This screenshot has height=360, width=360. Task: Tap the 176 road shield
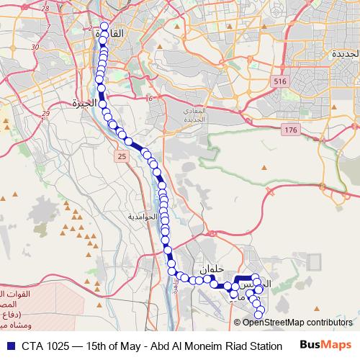pyautogui.click(x=290, y=130)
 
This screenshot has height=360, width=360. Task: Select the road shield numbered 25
pyautogui.click(x=120, y=156)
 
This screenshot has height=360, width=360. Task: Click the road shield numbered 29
pyautogui.click(x=45, y=113)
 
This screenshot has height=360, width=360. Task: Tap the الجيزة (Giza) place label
pyautogui.click(x=84, y=104)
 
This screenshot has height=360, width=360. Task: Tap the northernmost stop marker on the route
pyautogui.click(x=104, y=27)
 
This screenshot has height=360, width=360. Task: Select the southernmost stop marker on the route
pyautogui.click(x=261, y=311)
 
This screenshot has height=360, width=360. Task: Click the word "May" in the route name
pyautogui.click(x=132, y=346)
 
